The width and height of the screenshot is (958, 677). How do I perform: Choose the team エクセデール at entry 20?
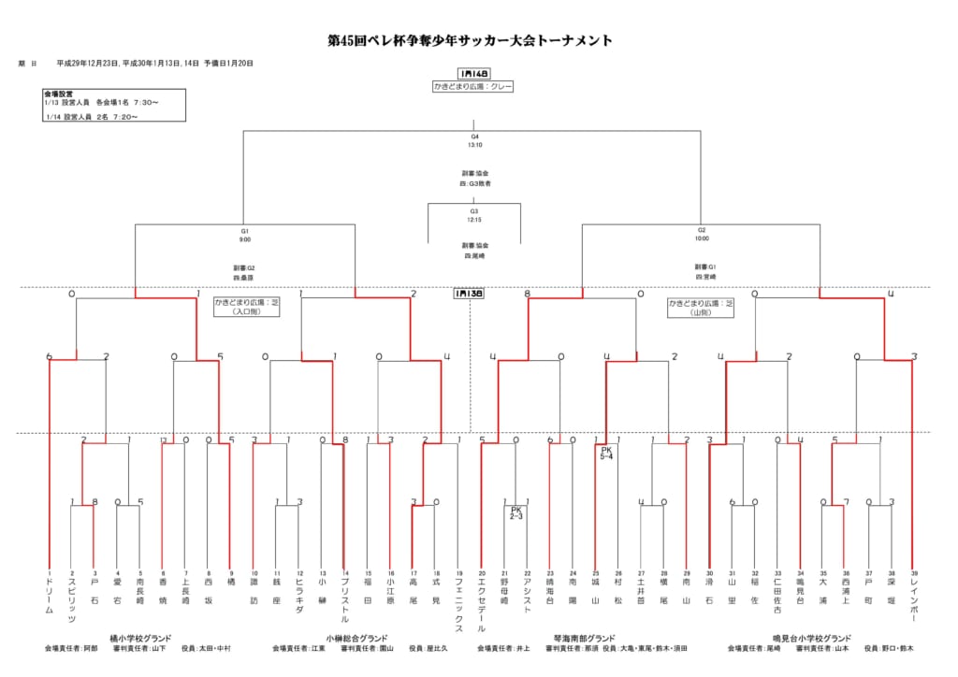coord(482,604)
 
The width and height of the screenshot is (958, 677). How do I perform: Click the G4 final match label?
coord(474,141)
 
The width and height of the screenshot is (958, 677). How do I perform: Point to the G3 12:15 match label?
coord(474,215)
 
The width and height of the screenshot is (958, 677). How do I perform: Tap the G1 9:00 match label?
coord(244,235)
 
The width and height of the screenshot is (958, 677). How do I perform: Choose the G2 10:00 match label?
coord(701,235)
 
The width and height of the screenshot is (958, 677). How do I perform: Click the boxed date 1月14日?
coord(473,73)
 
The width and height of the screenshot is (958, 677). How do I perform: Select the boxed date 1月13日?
coord(469,293)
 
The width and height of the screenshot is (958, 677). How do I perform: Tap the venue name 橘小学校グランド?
coord(140,638)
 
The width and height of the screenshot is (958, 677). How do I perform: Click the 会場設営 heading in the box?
coord(58,94)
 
